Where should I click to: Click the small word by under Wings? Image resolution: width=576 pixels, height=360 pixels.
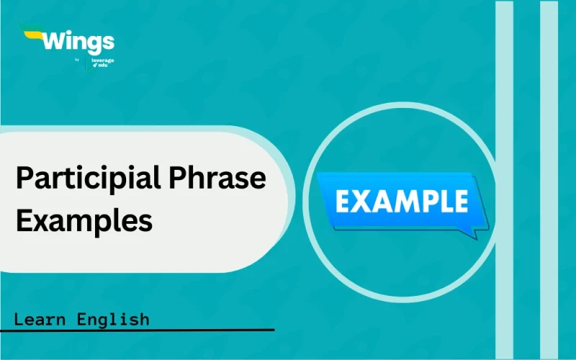coord(77,60)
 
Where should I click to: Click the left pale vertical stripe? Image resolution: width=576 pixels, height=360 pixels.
coord(505,180)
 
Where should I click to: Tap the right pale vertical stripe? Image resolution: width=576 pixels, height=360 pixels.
coord(549,180)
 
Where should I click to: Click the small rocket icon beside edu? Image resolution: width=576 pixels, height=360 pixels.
coord(94,66)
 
